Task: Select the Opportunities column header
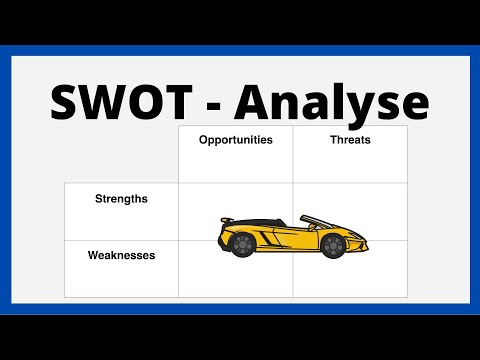[x=235, y=140]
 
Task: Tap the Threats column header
[x=350, y=140]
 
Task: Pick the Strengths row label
[x=121, y=198]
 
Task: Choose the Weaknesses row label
[x=121, y=255]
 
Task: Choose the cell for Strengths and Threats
[x=350, y=200]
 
